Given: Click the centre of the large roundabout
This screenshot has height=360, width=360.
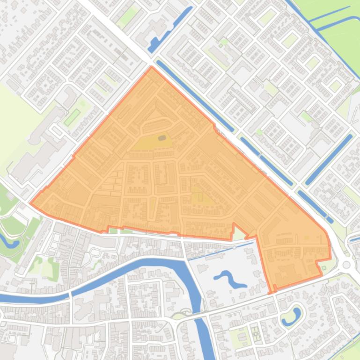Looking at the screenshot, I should click(x=346, y=265).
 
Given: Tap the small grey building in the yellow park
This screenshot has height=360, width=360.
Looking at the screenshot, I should click(x=162, y=138).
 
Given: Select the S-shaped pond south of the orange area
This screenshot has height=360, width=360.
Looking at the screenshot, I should click(x=230, y=279).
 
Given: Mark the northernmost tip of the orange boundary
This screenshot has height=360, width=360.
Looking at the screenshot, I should click(x=151, y=67).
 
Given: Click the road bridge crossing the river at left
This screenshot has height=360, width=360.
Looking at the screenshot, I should click(x=70, y=294).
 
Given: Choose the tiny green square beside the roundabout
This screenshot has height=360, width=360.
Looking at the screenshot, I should click(x=323, y=268).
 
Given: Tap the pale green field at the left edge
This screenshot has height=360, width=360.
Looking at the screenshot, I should click(x=12, y=122).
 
